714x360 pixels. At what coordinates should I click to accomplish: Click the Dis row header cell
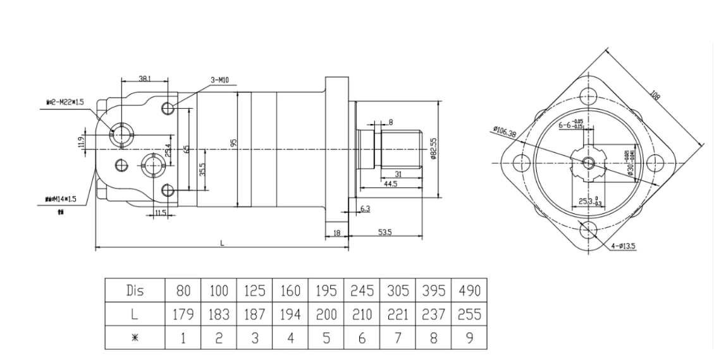(135, 292)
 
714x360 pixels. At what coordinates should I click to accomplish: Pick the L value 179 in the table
(183, 313)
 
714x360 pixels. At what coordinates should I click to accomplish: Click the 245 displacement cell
(362, 292)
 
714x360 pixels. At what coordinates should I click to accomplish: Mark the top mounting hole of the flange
(589, 96)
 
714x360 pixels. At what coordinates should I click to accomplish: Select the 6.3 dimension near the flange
(366, 208)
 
